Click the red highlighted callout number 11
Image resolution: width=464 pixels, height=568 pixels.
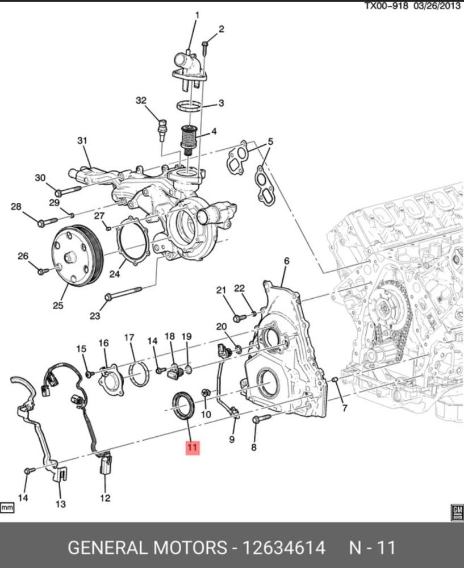(x=192, y=448)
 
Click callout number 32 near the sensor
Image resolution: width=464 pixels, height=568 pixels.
(x=141, y=101)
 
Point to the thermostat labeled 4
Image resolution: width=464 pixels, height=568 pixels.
(x=189, y=140)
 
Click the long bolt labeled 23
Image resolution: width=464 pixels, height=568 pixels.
(x=123, y=294)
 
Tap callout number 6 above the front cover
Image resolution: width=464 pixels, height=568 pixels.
(x=286, y=261)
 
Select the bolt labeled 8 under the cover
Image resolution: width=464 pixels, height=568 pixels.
(x=261, y=419)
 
